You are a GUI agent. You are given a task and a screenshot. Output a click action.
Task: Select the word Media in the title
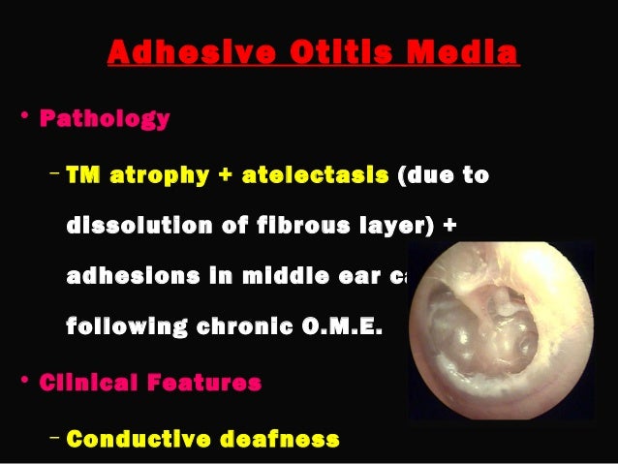(x=467, y=53)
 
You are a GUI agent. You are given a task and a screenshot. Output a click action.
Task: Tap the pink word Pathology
(x=105, y=120)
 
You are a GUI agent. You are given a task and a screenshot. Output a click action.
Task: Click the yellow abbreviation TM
(x=83, y=175)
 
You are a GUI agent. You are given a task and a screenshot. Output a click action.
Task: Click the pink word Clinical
(x=88, y=382)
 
